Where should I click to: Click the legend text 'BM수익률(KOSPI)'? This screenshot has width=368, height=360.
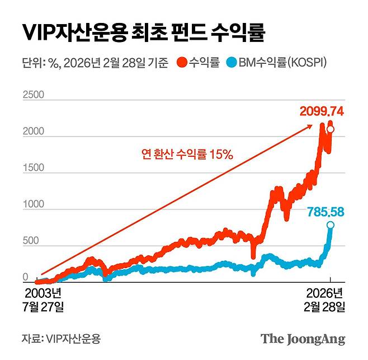point(282,63)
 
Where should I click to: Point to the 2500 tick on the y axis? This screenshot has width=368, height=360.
point(32,95)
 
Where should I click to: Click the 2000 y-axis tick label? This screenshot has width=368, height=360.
point(32,132)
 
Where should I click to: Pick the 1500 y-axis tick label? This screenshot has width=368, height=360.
point(32,169)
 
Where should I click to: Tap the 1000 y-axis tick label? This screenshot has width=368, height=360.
point(32,205)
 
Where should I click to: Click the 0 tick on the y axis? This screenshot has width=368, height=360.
point(25,278)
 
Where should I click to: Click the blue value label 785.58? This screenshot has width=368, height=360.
point(327,212)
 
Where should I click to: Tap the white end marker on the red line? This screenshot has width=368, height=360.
point(331,130)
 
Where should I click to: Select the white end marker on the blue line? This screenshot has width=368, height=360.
point(331,225)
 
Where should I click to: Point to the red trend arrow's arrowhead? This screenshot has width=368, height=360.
point(310,127)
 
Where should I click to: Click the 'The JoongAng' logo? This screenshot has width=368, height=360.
point(303,339)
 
